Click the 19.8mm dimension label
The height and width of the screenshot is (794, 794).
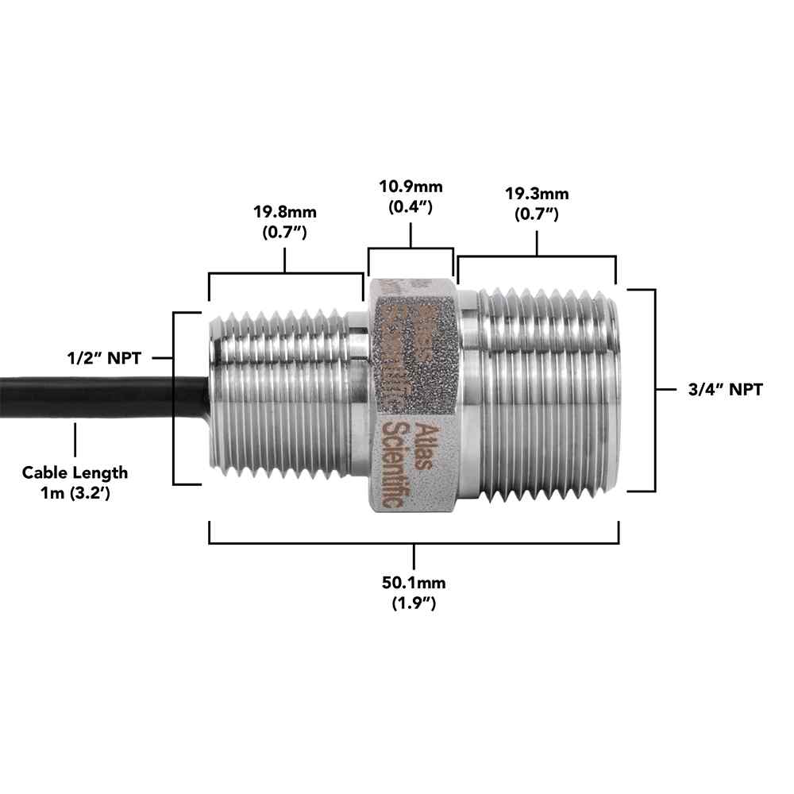(285, 212)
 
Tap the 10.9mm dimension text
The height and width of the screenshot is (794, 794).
(410, 187)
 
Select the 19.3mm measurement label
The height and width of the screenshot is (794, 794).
(537, 194)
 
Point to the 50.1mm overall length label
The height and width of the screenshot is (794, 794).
(414, 582)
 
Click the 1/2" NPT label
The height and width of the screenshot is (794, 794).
(104, 358)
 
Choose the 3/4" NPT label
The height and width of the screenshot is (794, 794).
(725, 389)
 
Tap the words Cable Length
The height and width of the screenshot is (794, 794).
(75, 472)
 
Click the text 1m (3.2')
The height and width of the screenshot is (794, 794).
(75, 493)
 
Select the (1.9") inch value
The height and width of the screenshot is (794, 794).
(414, 603)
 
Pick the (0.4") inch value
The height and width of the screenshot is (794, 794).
(410, 206)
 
